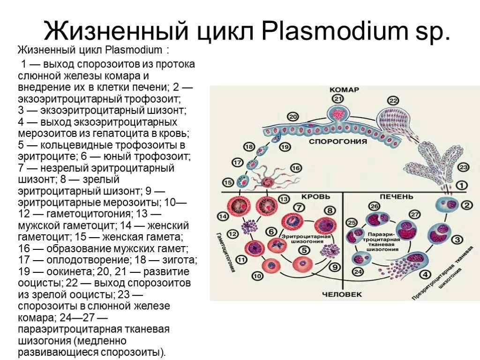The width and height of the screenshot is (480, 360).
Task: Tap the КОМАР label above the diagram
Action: coord(344,90)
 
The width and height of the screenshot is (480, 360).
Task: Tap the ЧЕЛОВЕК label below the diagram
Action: coord(342,294)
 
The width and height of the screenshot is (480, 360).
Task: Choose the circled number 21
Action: coord(338,98)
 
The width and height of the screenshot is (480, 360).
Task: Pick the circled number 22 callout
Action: coord(393,101)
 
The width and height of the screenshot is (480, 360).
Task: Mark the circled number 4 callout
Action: coord(425,275)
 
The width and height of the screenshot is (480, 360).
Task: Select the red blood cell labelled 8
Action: coord(326,226)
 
